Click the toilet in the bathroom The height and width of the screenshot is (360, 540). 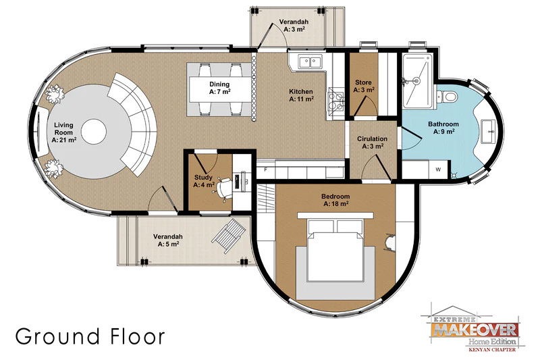click(x=446, y=96)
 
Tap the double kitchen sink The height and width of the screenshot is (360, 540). click(x=310, y=62)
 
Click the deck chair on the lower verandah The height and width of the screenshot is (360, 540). click(x=229, y=236)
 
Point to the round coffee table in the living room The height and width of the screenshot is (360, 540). click(x=94, y=132)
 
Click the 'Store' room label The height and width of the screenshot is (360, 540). click(x=363, y=82)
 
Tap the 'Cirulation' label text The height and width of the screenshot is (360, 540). click(x=372, y=139)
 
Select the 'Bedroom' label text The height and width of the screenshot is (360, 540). click(x=335, y=197)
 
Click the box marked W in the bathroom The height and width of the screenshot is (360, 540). click(x=438, y=170)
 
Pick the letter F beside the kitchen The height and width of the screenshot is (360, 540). click(x=265, y=170)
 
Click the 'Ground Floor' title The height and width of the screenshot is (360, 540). click(x=90, y=336)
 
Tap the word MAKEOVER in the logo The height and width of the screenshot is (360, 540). click(x=475, y=330)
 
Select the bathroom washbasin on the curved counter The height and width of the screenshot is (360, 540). click(x=489, y=131)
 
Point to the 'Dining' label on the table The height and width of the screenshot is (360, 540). click(x=219, y=84)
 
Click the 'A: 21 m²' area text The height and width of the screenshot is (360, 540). click(x=64, y=140)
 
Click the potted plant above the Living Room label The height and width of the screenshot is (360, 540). click(x=55, y=94)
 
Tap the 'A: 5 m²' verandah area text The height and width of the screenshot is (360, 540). click(x=168, y=245)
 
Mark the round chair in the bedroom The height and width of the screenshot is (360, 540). click(x=389, y=242)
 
